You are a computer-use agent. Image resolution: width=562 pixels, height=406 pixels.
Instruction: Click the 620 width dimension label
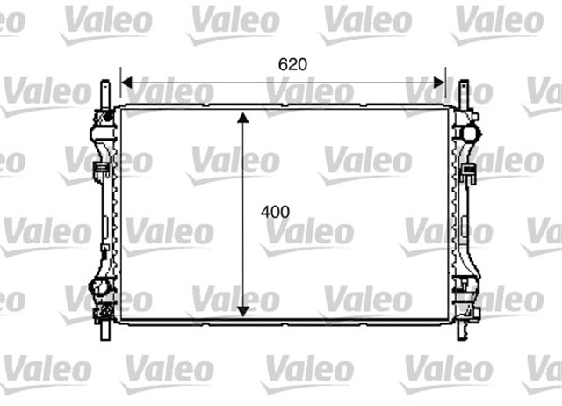pos(292,64)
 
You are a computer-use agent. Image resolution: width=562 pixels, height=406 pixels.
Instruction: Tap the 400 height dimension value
pos(274,212)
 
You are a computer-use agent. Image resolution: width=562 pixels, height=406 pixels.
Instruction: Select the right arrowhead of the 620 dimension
pos(441,83)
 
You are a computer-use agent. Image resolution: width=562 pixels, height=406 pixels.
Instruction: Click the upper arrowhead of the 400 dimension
pos(243,117)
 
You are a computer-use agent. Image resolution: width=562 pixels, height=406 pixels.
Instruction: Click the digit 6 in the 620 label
pos(283,64)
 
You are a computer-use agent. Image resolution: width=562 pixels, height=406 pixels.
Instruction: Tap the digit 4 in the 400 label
pos(265,212)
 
